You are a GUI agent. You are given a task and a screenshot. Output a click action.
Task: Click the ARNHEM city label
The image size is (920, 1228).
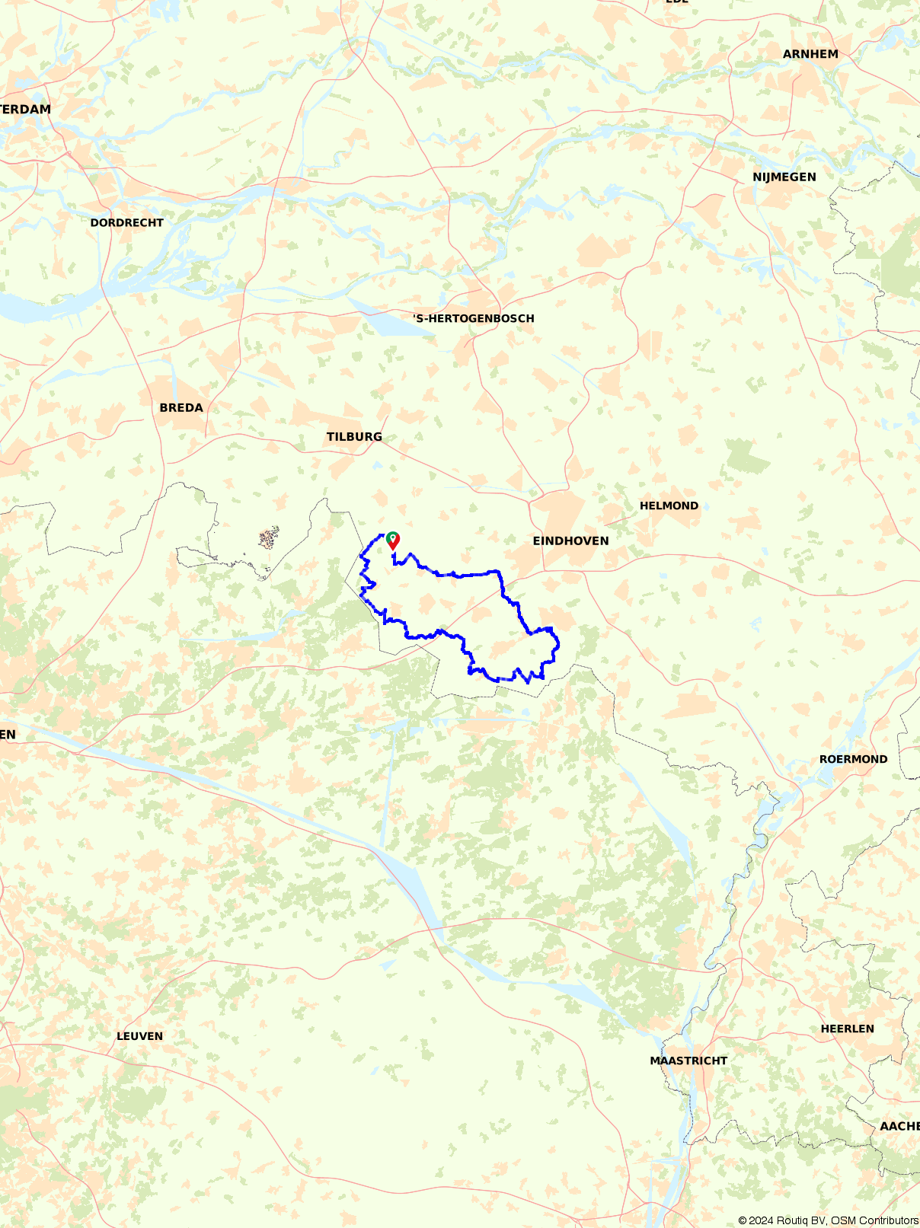tap(810, 54)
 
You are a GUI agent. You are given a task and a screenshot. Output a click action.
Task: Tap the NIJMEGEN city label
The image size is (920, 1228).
tap(784, 177)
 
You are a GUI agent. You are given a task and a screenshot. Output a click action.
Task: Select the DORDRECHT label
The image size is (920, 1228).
tap(126, 222)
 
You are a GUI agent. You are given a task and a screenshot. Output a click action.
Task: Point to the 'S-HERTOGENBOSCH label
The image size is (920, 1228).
tap(474, 318)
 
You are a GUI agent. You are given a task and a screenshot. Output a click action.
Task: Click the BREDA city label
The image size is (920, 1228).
tap(181, 407)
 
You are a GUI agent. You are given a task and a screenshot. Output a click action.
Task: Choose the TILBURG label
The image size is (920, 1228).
tap(354, 436)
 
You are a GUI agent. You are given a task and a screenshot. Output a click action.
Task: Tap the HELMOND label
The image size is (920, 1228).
tap(669, 506)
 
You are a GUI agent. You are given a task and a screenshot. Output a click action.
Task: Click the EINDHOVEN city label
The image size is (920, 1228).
tap(570, 541)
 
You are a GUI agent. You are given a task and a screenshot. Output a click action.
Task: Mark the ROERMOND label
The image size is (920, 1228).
tap(853, 759)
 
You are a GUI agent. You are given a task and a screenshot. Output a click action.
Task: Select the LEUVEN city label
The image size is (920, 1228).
tap(139, 1036)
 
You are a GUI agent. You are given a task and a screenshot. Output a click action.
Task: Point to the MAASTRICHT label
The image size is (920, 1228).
tap(688, 1061)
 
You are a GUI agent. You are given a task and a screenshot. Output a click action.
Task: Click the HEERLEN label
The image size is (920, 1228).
tap(847, 1029)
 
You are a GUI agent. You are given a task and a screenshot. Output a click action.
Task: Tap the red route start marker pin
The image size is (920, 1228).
tap(393, 541)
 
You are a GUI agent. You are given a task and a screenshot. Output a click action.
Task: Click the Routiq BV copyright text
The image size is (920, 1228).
tap(828, 1220)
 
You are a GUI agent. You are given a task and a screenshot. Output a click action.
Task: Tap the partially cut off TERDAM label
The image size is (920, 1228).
tap(25, 109)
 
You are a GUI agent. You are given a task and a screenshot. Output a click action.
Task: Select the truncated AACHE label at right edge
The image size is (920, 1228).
tap(899, 1126)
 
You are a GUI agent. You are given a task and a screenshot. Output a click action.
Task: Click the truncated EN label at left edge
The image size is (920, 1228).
tap(8, 735)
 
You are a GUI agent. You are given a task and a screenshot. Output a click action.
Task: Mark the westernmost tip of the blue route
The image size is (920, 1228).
tap(360, 557)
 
